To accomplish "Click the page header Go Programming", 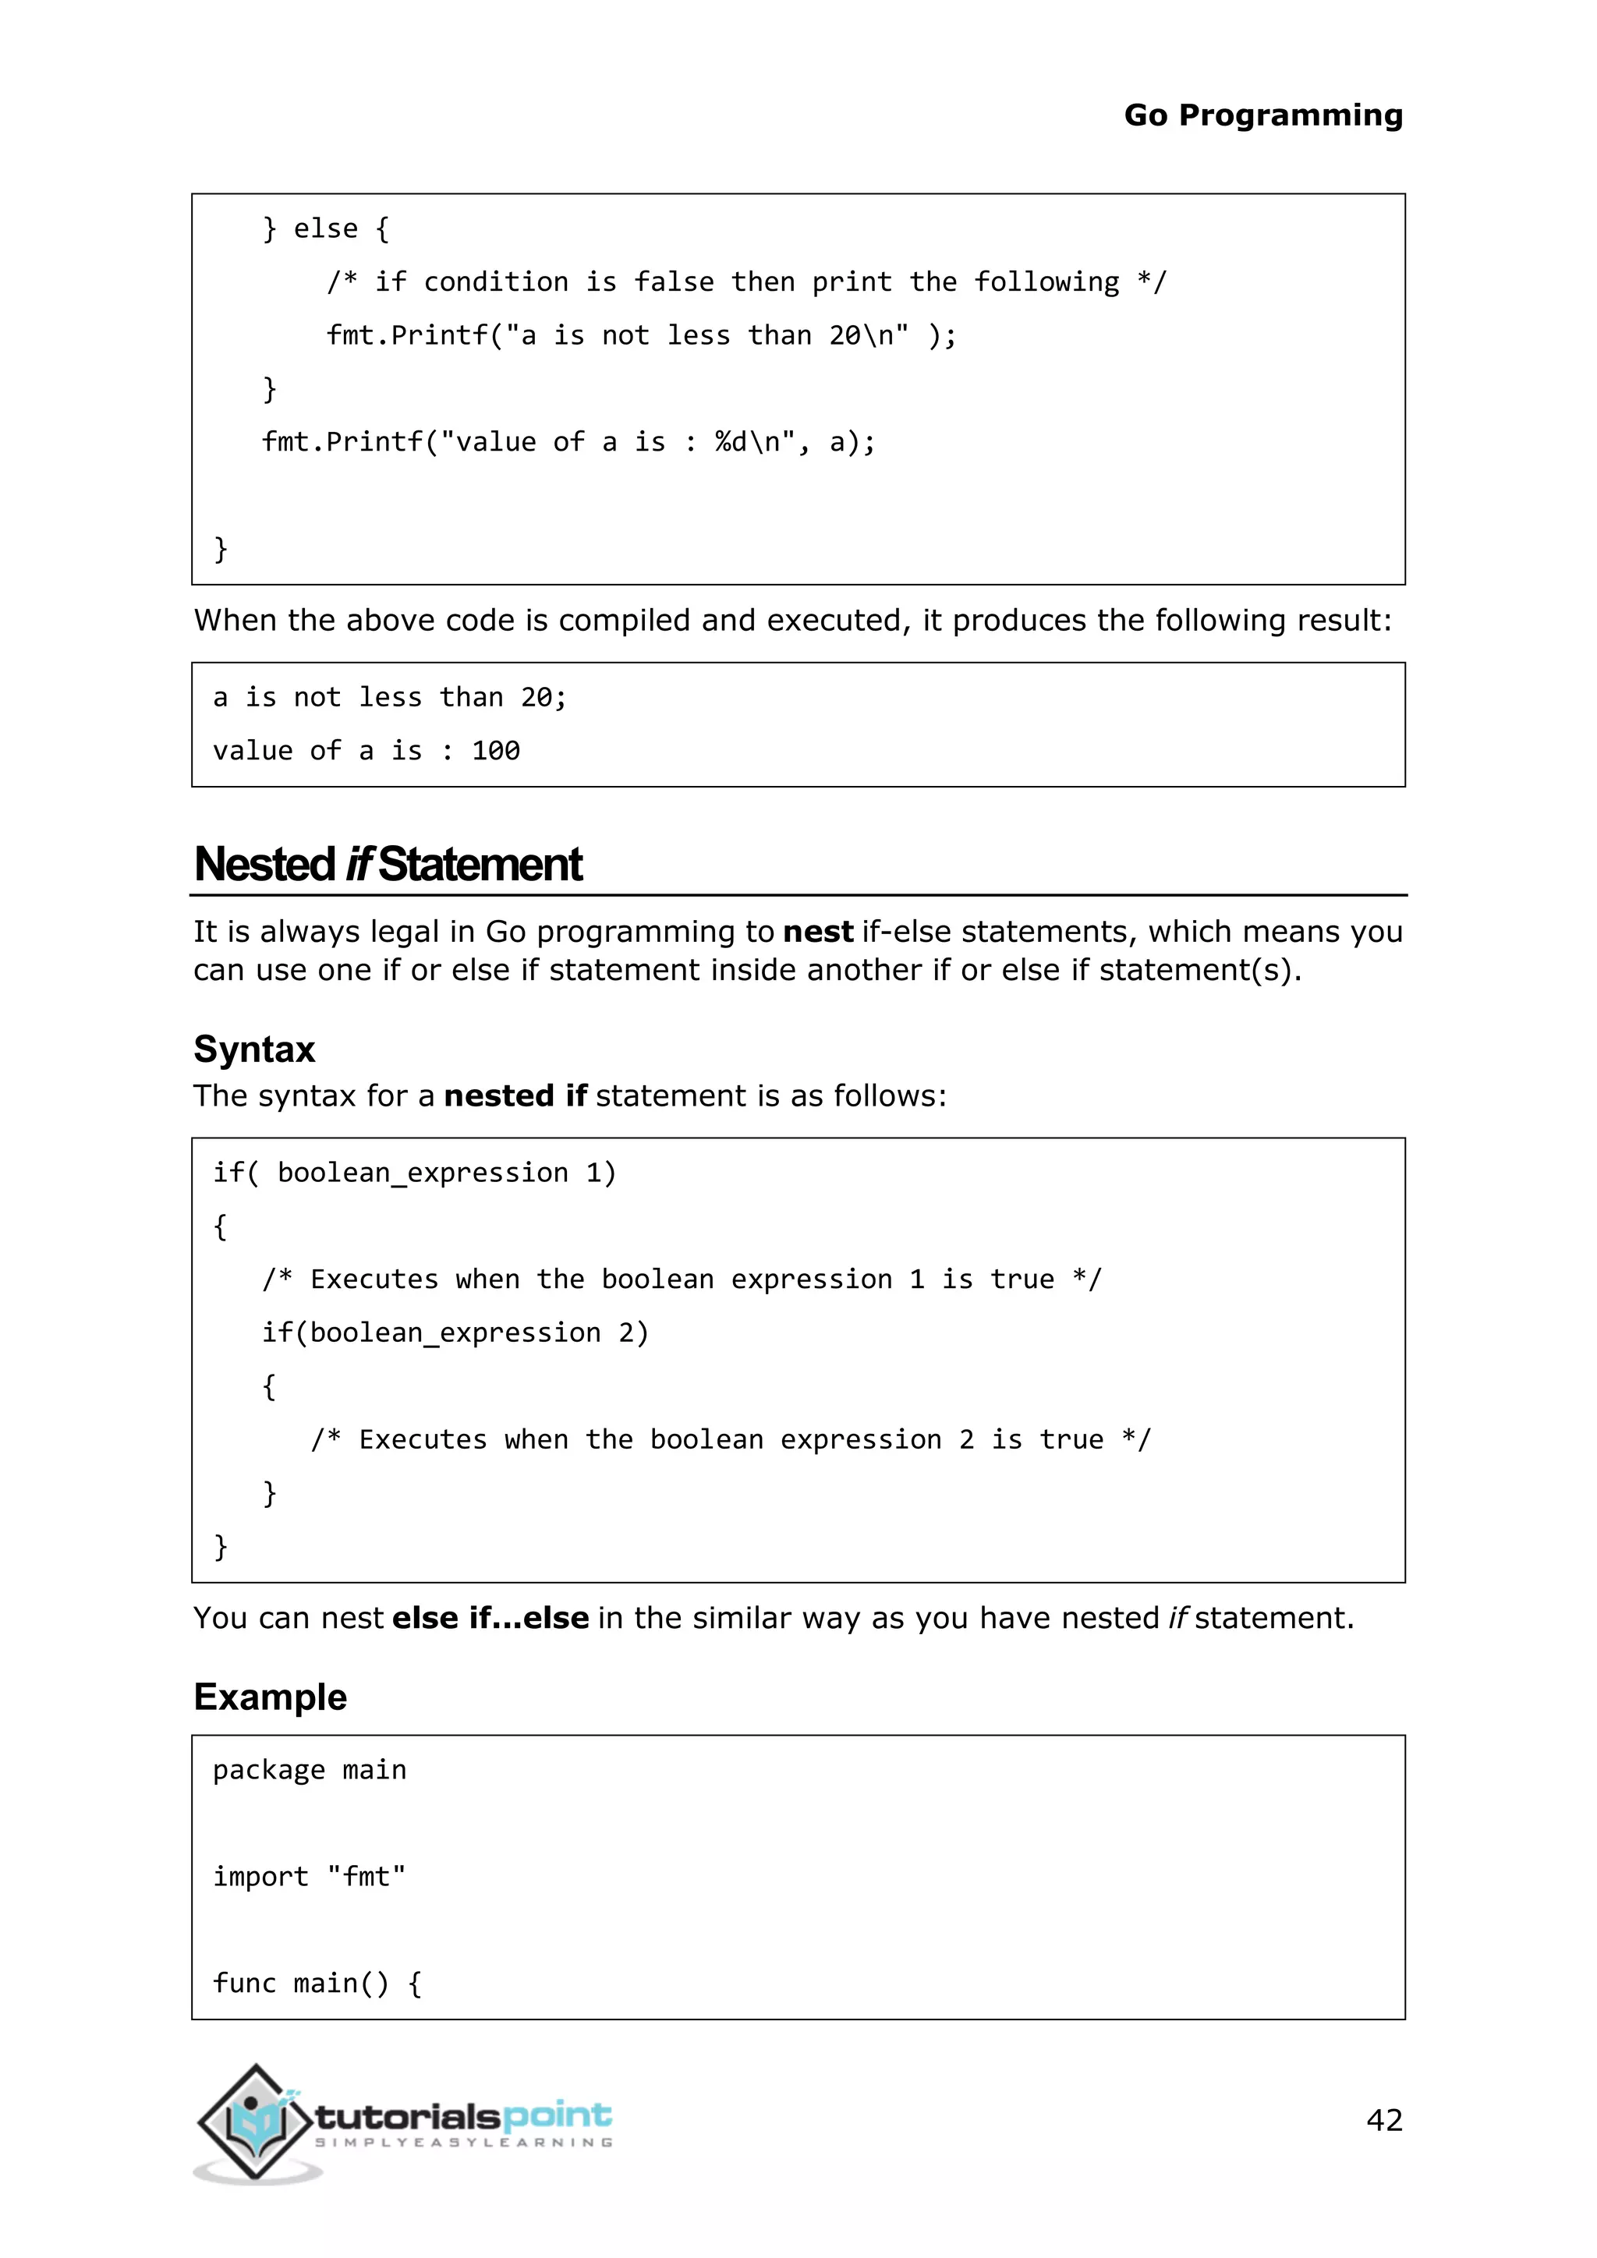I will [1262, 115].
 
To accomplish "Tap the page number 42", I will [1383, 2119].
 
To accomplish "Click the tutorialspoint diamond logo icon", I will [256, 2122].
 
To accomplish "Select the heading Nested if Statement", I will [388, 865].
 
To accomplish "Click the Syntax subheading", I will [253, 1049].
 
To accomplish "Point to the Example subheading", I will [270, 1697].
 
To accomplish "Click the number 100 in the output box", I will [496, 752].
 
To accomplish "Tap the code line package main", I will [309, 1770].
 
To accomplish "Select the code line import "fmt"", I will [309, 1877].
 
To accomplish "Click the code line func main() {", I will [317, 1983].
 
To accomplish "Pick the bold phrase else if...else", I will [490, 1618].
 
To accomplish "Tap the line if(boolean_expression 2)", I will [455, 1333].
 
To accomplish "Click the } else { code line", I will [325, 229].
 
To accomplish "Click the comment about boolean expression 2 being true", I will [730, 1440].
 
